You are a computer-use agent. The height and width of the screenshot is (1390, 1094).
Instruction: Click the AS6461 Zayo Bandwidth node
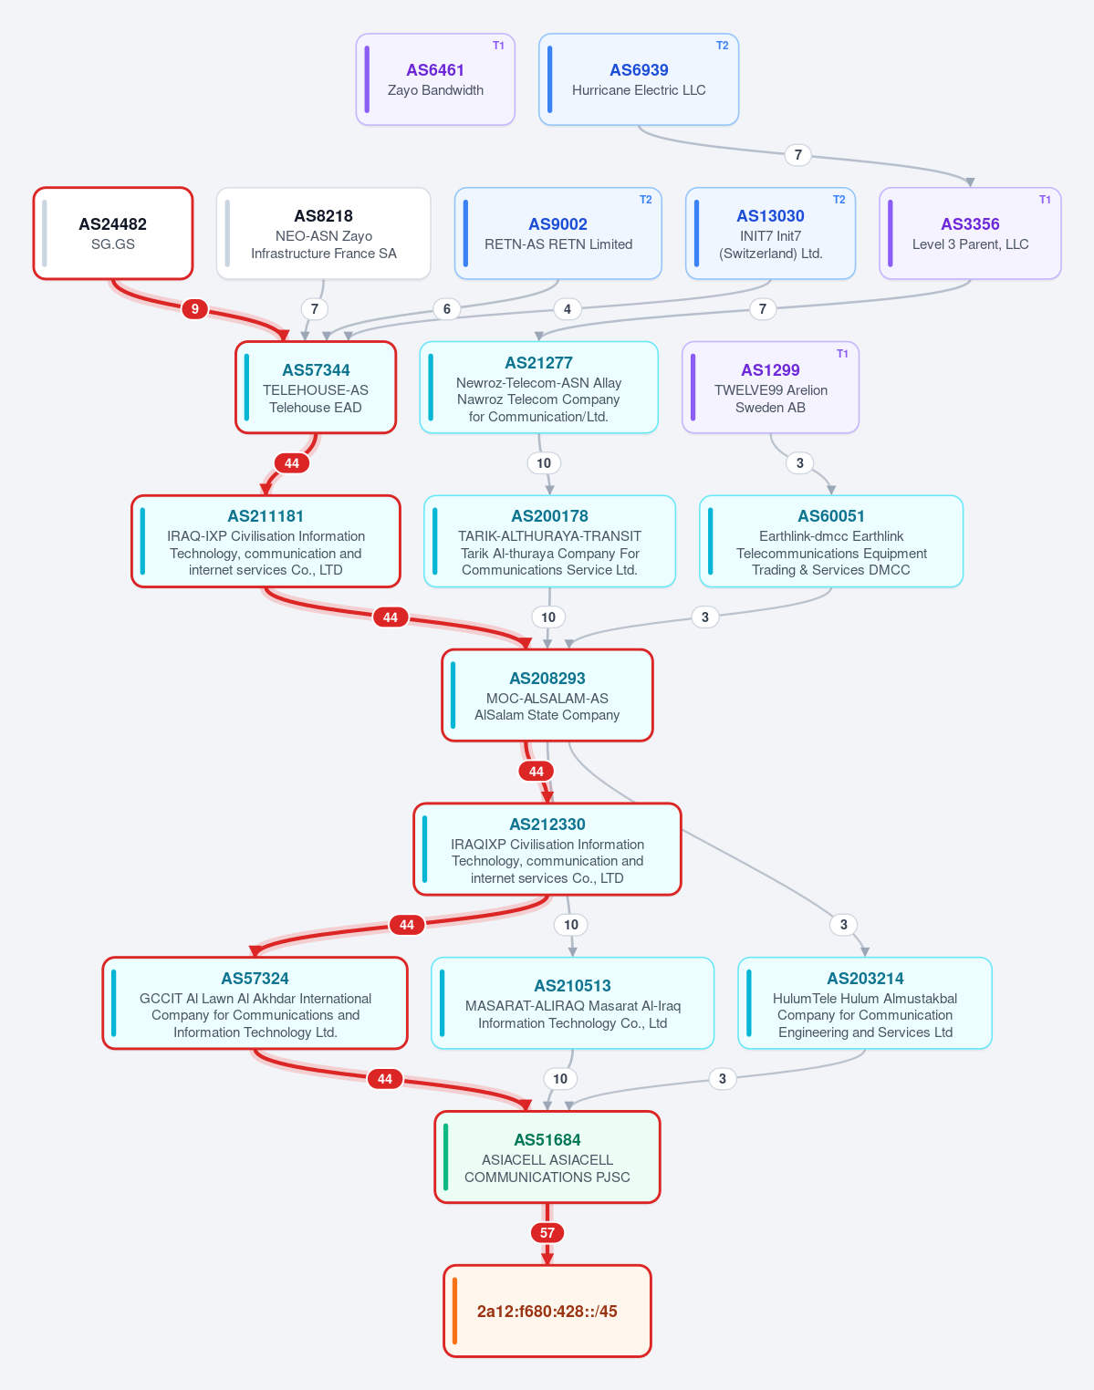tap(435, 79)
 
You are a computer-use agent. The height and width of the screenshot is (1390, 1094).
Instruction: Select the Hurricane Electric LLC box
tap(639, 79)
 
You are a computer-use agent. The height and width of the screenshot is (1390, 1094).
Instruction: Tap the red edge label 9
tap(194, 309)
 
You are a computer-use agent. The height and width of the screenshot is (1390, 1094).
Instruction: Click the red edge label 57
tap(547, 1232)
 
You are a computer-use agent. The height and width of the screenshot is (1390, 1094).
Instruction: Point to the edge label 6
tap(446, 309)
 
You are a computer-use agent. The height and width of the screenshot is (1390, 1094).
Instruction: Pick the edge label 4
tap(568, 309)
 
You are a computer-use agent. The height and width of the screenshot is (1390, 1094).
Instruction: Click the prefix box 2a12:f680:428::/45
tap(547, 1311)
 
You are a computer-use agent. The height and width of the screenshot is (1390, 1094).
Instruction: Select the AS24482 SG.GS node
tap(113, 233)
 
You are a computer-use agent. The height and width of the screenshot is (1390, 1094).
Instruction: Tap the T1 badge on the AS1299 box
tap(842, 353)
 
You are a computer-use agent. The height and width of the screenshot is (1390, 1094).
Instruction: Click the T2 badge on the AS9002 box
tap(646, 200)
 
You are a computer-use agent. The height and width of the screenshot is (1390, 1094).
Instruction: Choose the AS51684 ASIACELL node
tap(547, 1157)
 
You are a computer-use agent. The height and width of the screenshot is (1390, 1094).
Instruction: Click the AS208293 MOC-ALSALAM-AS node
tap(547, 695)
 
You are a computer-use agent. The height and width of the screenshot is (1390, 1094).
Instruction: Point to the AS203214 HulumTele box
tap(865, 1003)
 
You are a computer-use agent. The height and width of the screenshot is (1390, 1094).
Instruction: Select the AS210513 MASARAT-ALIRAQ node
tap(572, 1003)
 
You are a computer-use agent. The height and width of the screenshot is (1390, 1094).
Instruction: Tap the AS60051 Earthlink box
tap(831, 541)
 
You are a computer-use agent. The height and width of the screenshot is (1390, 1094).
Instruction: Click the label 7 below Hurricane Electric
tap(798, 155)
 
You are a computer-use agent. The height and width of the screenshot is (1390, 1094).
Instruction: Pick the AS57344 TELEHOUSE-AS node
tap(316, 388)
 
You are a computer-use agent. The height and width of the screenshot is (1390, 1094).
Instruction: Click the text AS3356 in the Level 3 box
tap(970, 224)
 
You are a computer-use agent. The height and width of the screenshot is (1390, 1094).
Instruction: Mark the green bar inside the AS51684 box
tap(446, 1157)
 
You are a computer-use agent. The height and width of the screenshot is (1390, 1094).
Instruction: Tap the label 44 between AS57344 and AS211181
tap(291, 463)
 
